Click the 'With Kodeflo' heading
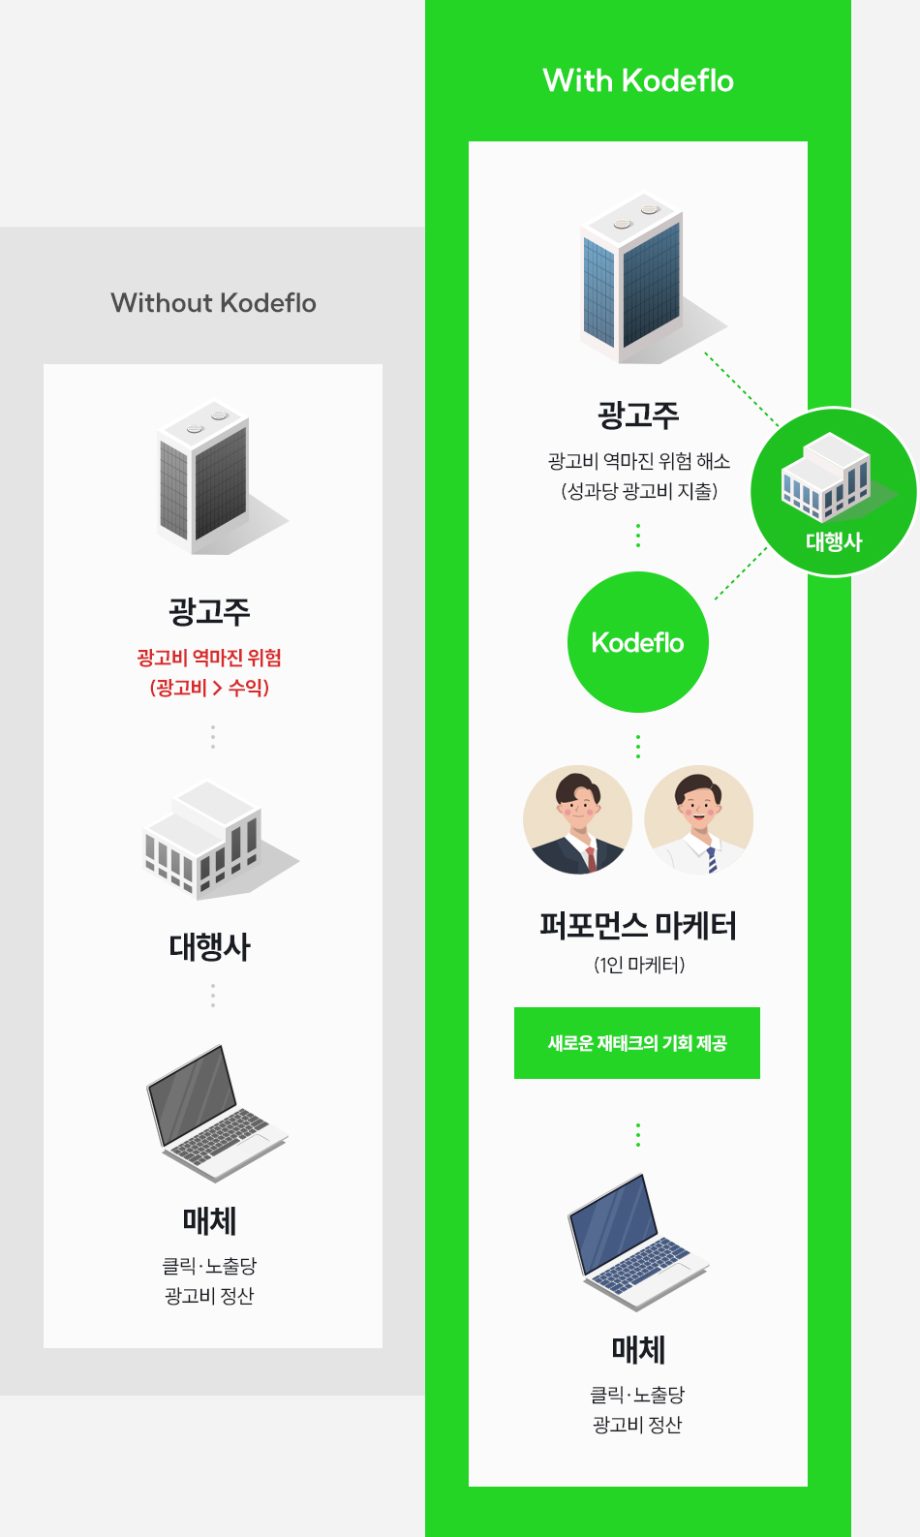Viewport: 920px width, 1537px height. coord(638,80)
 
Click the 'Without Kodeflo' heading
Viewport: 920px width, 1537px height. coord(213,303)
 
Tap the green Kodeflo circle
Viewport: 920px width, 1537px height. coord(638,642)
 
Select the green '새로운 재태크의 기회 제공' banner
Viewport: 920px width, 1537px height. coord(637,1043)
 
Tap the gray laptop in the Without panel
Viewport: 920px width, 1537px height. coord(212,1114)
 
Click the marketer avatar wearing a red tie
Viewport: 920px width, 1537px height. coord(578,820)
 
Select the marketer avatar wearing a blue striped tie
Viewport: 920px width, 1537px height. coord(699,820)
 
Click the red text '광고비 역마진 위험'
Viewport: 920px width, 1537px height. coord(209,659)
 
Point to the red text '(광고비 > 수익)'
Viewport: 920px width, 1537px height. coord(209,688)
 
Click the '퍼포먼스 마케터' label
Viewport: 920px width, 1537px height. coord(638,926)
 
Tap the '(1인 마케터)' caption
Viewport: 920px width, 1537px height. coord(638,965)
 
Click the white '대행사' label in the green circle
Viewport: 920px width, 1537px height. coord(834,541)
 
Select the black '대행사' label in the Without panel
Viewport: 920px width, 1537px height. coord(210,946)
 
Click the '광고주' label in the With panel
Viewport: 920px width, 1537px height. coord(638,415)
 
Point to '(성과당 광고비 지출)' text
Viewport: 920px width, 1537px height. coord(639,491)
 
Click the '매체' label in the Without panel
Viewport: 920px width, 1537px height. coord(210,1221)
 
